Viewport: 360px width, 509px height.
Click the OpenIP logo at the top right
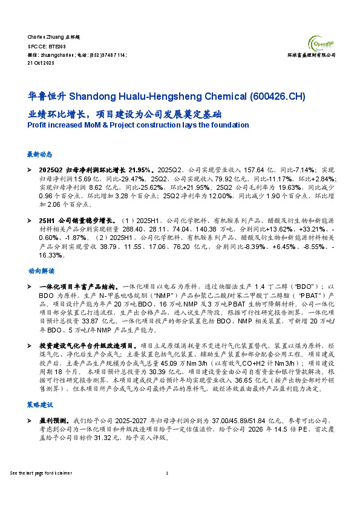[x=321, y=43]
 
